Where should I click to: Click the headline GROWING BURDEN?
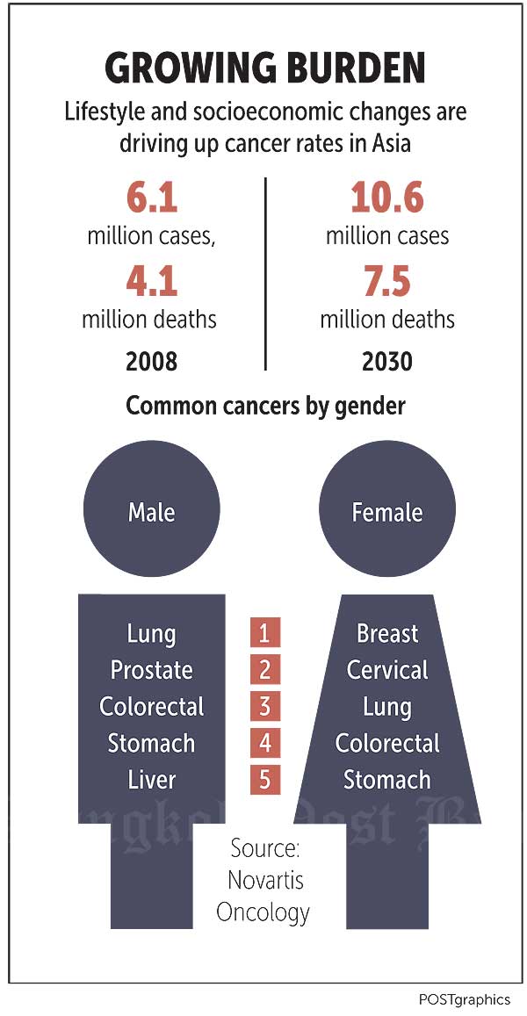pyautogui.click(x=264, y=69)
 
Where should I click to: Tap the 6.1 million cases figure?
pyautogui.click(x=151, y=198)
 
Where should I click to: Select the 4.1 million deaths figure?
pyautogui.click(x=151, y=281)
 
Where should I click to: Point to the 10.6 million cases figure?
pyautogui.click(x=386, y=198)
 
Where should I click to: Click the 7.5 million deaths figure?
pyautogui.click(x=386, y=281)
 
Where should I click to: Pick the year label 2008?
pyautogui.click(x=151, y=361)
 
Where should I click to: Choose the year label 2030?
pyautogui.click(x=386, y=361)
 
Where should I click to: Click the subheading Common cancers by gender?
pyautogui.click(x=265, y=407)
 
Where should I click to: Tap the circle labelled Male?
pyautogui.click(x=151, y=512)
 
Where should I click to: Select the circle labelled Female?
pyautogui.click(x=386, y=512)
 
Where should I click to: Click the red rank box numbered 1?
pyautogui.click(x=264, y=632)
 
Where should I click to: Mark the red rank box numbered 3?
pyautogui.click(x=264, y=706)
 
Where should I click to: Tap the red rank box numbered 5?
pyautogui.click(x=264, y=779)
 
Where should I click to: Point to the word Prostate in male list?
pyautogui.click(x=151, y=670)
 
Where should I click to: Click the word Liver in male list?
pyautogui.click(x=151, y=779)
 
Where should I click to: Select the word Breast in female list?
pyautogui.click(x=386, y=633)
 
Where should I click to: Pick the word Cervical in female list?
pyautogui.click(x=386, y=670)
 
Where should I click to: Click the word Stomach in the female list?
pyautogui.click(x=386, y=779)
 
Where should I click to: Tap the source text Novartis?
pyautogui.click(x=264, y=880)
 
